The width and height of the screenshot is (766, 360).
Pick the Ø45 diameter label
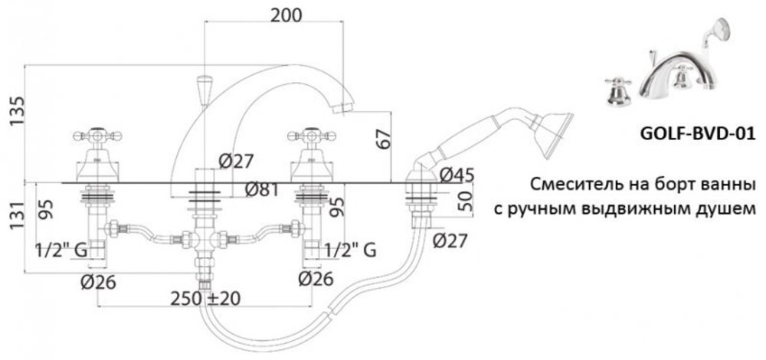(x=457, y=175)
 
